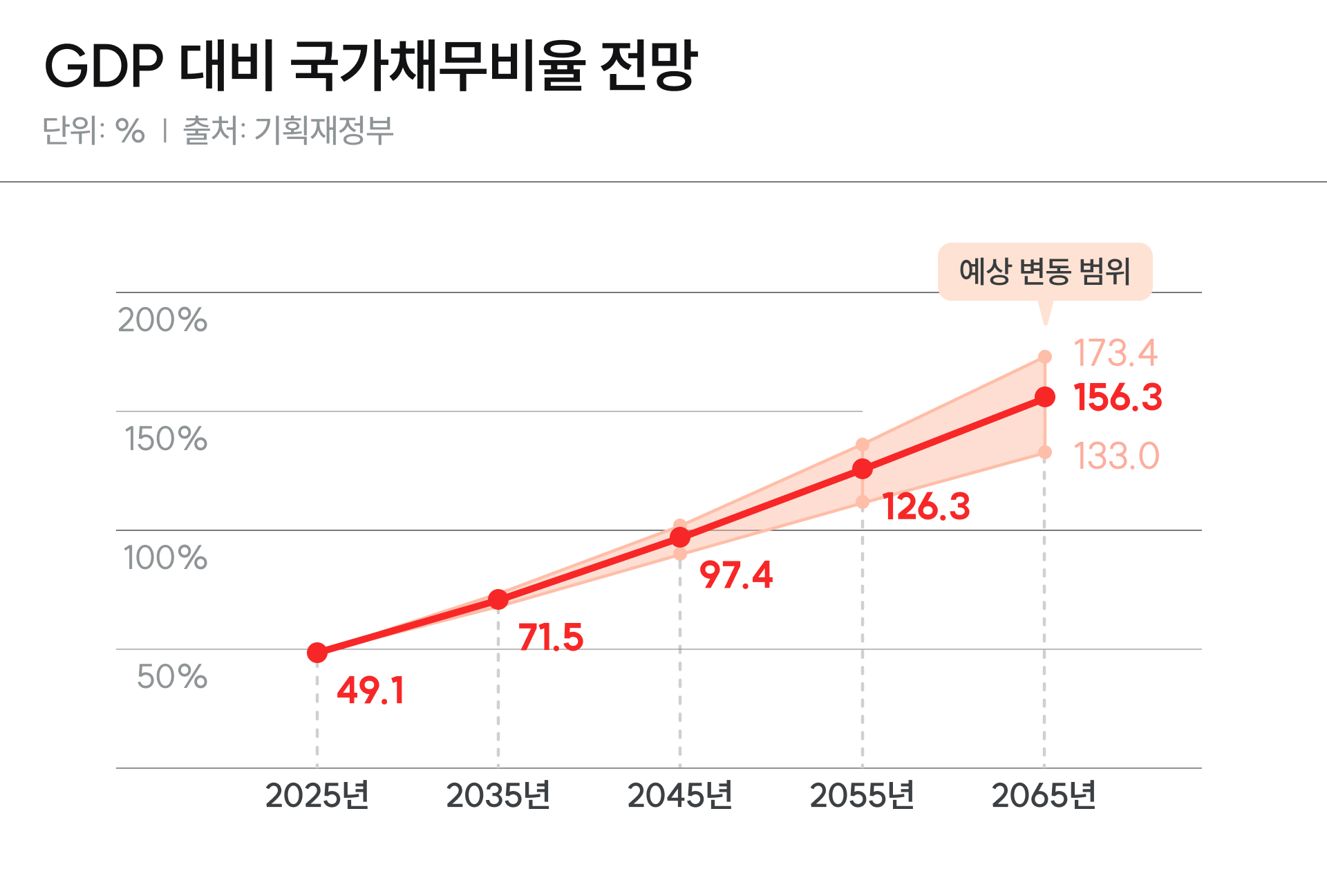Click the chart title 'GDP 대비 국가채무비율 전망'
[371, 66]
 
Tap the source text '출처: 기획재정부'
[288, 130]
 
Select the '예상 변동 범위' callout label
[1044, 271]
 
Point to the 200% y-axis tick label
[162, 320]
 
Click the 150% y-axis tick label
[166, 439]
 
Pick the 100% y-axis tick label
[165, 558]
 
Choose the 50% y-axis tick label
[172, 677]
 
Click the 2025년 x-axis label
[317, 796]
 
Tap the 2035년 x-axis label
[498, 796]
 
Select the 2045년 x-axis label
[680, 796]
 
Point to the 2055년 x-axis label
[862, 796]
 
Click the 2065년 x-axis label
[1044, 796]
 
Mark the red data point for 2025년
[317, 653]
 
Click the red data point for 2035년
[498, 599]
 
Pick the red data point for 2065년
[1045, 397]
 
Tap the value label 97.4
[736, 575]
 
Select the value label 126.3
[926, 507]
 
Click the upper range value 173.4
[1116, 353]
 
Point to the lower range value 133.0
[1116, 456]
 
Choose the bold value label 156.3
[1118, 398]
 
